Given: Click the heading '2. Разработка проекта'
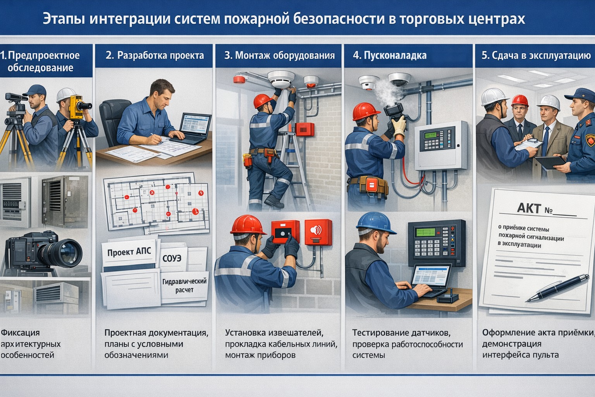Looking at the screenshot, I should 155,55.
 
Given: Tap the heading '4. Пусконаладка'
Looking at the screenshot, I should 390,55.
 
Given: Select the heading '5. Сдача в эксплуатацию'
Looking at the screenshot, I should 536,55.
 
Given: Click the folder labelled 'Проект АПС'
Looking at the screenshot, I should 129,252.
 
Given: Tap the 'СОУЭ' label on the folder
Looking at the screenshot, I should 172,258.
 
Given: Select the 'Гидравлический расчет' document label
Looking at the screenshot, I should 184,286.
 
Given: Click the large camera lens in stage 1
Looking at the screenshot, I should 66,250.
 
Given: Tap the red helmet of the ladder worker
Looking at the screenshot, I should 263,101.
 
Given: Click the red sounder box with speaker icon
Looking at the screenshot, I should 318,232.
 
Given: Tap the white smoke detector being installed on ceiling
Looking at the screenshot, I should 282,79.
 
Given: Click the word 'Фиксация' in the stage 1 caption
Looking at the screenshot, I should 20,332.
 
